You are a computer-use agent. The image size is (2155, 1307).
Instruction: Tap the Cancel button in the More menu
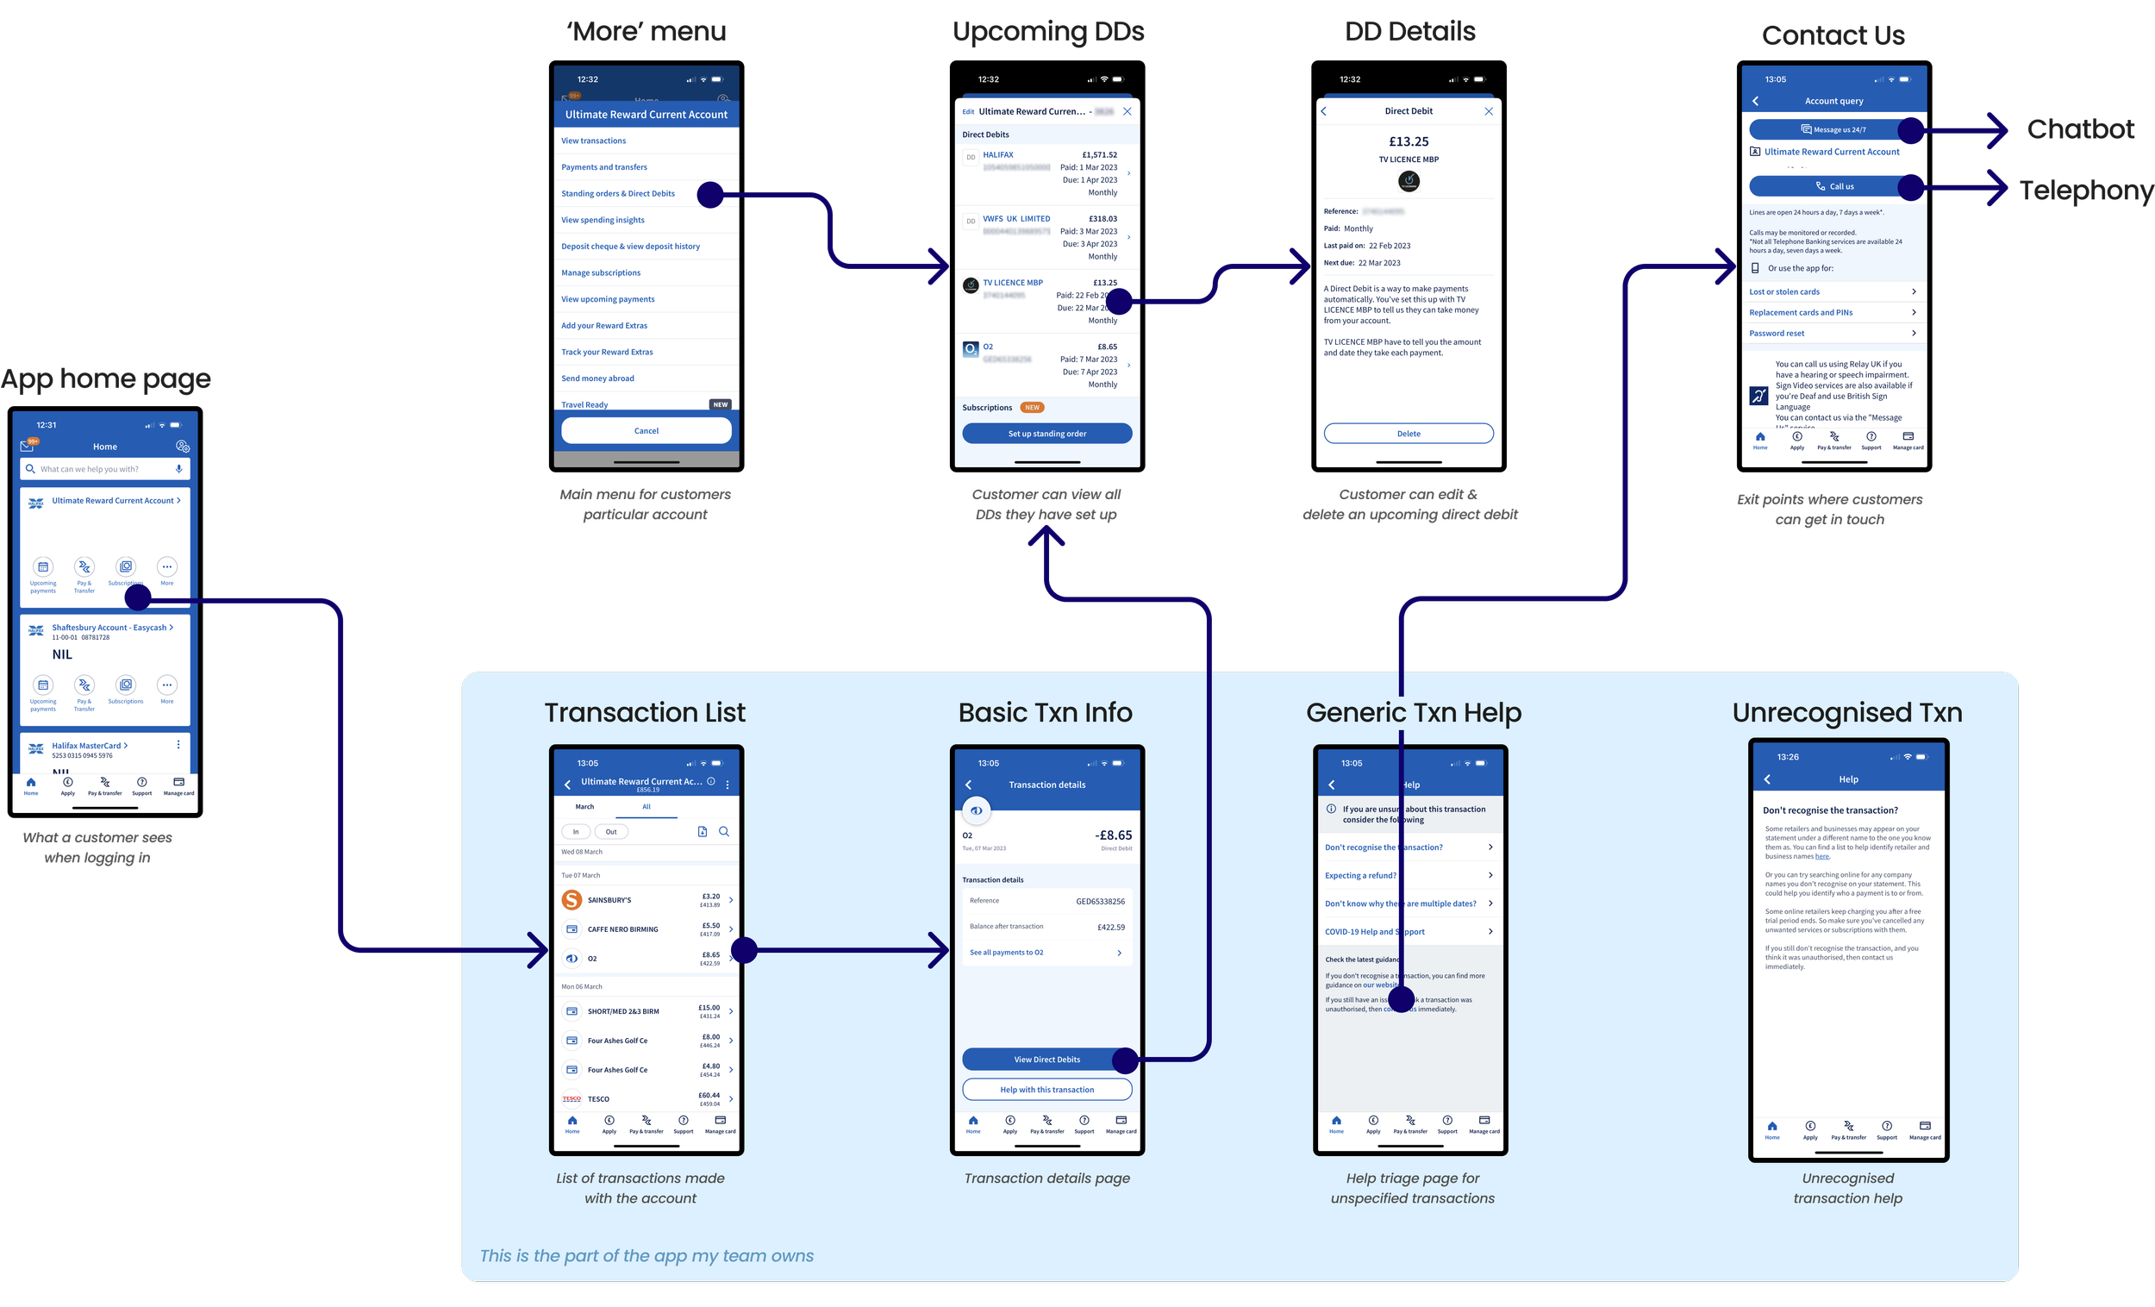click(x=646, y=430)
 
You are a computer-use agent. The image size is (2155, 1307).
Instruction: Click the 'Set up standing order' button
click(x=1046, y=434)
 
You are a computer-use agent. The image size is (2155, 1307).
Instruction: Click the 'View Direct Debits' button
click(x=1040, y=1060)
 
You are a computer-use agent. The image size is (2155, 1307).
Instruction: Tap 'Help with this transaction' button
click(x=1046, y=1090)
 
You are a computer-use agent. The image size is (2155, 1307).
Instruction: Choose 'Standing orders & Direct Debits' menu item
click(x=617, y=193)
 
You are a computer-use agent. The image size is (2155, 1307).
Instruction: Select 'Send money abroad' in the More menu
click(x=597, y=378)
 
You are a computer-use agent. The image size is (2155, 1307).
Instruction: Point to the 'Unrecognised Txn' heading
click(x=1846, y=713)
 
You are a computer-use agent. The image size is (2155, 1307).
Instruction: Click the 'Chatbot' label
click(x=2080, y=129)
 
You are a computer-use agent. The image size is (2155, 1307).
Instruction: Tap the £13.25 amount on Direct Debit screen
click(x=1409, y=141)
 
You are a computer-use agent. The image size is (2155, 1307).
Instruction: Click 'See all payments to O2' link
click(x=1007, y=953)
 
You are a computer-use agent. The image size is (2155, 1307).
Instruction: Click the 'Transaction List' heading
click(x=645, y=713)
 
